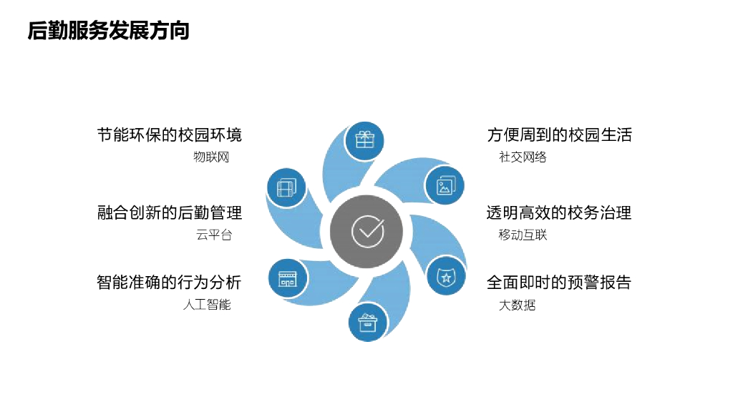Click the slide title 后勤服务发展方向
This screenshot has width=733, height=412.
pos(108,31)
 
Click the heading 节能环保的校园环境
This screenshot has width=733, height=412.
pos(170,134)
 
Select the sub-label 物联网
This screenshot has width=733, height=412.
pos(211,157)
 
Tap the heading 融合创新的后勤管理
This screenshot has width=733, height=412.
pos(170,212)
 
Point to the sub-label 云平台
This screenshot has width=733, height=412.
pos(214,235)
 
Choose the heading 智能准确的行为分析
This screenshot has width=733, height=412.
pos(170,282)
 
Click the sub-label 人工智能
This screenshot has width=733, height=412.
pos(207,305)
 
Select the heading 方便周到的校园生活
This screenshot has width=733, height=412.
pos(560,134)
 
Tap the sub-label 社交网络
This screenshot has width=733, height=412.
pos(523,157)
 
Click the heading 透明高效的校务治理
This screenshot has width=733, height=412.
pos(560,212)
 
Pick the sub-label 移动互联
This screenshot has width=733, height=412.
pos(523,235)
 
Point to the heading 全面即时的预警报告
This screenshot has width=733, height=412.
pos(560,282)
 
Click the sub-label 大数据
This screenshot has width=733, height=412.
pos(517,305)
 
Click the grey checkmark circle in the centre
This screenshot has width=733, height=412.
pos(367,230)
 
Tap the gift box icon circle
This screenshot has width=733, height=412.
pos(365,139)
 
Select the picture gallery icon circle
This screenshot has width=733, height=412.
pos(445,185)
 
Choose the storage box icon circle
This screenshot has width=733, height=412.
pos(368,322)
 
